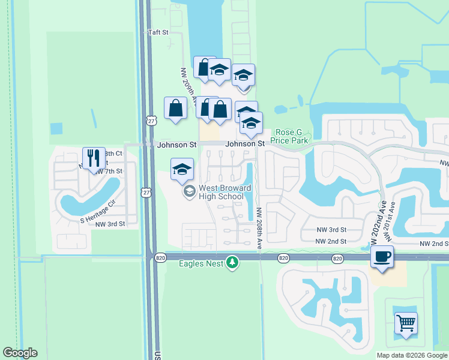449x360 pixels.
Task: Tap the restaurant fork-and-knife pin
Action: (93, 159)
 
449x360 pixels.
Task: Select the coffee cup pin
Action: (381, 257)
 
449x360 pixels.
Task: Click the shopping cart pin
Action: (406, 323)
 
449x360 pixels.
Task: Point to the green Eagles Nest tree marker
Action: (232, 262)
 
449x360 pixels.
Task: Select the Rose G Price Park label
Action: (291, 136)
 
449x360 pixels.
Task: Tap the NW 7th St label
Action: (108, 171)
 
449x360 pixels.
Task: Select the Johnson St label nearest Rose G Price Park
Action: (245, 144)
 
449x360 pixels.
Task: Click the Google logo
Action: (20, 353)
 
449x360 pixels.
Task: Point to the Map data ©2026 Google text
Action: (411, 355)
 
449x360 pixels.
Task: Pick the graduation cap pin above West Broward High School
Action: (182, 169)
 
